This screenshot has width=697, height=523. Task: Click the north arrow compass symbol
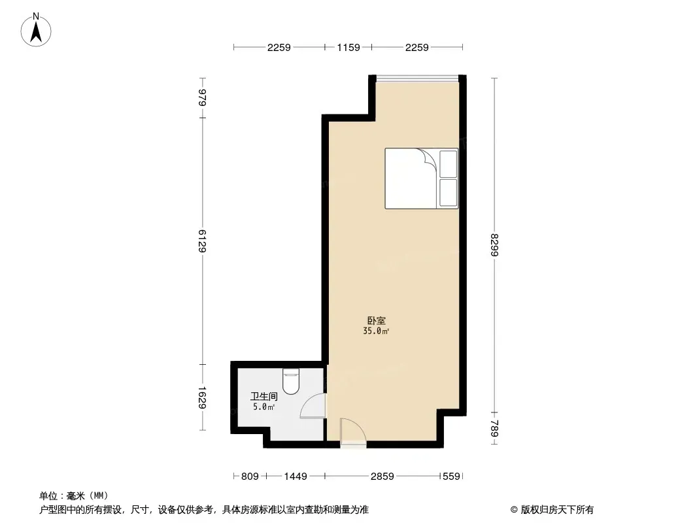point(36,30)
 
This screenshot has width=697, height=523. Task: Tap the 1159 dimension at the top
point(348,48)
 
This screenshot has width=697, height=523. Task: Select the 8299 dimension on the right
point(494,245)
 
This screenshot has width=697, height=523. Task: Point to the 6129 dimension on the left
point(202,241)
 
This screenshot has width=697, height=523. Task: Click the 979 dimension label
point(202,97)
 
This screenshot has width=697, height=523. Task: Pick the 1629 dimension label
point(202,397)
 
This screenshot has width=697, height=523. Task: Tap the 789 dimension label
point(494,429)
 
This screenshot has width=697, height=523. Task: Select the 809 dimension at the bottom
point(250,477)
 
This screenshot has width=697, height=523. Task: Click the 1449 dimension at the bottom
point(296,477)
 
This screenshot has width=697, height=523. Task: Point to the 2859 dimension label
point(382,477)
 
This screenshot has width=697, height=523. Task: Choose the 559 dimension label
point(452,477)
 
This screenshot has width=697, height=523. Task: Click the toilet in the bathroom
point(291,382)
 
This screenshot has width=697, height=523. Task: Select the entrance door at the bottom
point(353,431)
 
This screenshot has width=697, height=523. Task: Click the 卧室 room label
point(377,320)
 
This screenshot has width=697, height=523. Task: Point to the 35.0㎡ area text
point(376,331)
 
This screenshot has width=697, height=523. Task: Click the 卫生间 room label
point(264,396)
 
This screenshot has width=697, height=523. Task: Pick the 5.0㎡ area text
point(263,407)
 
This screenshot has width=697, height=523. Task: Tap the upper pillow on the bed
point(448,164)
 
